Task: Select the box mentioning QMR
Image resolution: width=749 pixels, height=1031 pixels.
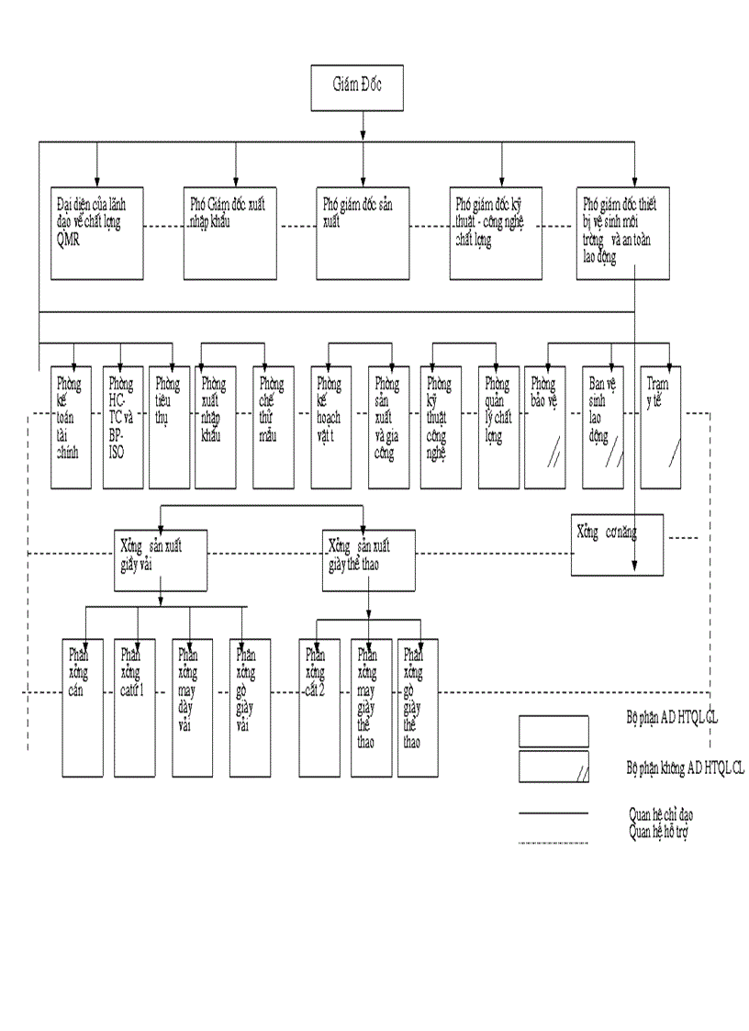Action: (x=97, y=233)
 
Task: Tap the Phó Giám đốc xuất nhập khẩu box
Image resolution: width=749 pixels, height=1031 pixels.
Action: (x=229, y=233)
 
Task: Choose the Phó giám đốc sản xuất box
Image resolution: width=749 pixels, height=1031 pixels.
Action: (x=363, y=233)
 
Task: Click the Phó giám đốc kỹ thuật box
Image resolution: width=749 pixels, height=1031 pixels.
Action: (x=496, y=233)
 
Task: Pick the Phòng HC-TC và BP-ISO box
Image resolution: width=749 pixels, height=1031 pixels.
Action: (x=122, y=426)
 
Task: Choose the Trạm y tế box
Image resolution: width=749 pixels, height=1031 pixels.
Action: (x=661, y=426)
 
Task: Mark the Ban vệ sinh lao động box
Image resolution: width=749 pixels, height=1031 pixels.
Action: (x=605, y=426)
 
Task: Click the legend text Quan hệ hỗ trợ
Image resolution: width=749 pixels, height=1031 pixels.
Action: (x=658, y=832)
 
